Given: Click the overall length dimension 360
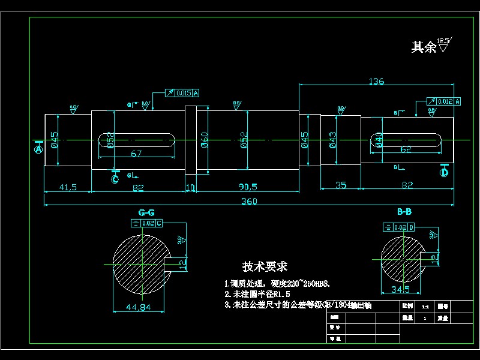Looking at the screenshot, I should (x=249, y=202).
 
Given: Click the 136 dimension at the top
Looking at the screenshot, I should (x=376, y=81).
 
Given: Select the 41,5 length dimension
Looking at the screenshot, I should (x=68, y=187).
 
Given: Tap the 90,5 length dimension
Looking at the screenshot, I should (x=247, y=187).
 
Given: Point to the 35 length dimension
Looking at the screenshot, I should (x=340, y=185).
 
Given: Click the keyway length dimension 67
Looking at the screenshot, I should (x=136, y=154).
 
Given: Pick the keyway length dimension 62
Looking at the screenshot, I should (x=406, y=149).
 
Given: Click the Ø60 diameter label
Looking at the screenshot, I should (x=204, y=140).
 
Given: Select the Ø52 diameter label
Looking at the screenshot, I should (x=244, y=140).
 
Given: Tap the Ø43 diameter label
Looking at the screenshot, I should (x=332, y=139).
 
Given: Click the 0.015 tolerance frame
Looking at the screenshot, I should (x=182, y=92).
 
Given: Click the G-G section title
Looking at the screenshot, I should (x=146, y=212).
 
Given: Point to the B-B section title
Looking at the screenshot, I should (x=404, y=212).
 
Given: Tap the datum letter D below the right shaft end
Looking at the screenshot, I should (x=445, y=173).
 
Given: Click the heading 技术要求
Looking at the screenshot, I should (x=265, y=266).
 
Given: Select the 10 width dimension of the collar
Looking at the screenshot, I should (x=191, y=187).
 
